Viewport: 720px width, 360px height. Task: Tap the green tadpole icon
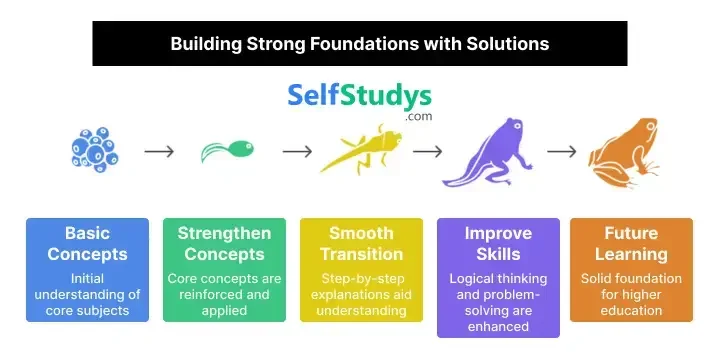[227, 151]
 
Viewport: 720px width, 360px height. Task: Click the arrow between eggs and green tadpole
[159, 152]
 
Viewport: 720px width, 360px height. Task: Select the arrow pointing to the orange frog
[562, 152]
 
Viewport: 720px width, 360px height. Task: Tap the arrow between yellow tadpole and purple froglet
[428, 152]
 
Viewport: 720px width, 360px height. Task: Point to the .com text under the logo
[419, 117]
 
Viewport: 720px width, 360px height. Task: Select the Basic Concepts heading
[87, 243]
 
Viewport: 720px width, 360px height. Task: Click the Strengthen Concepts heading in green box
[224, 243]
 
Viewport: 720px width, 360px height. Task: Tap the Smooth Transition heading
[361, 243]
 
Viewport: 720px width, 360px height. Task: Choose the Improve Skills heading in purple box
[498, 243]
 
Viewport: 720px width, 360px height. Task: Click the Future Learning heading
[631, 243]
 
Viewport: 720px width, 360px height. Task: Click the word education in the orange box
[631, 310]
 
